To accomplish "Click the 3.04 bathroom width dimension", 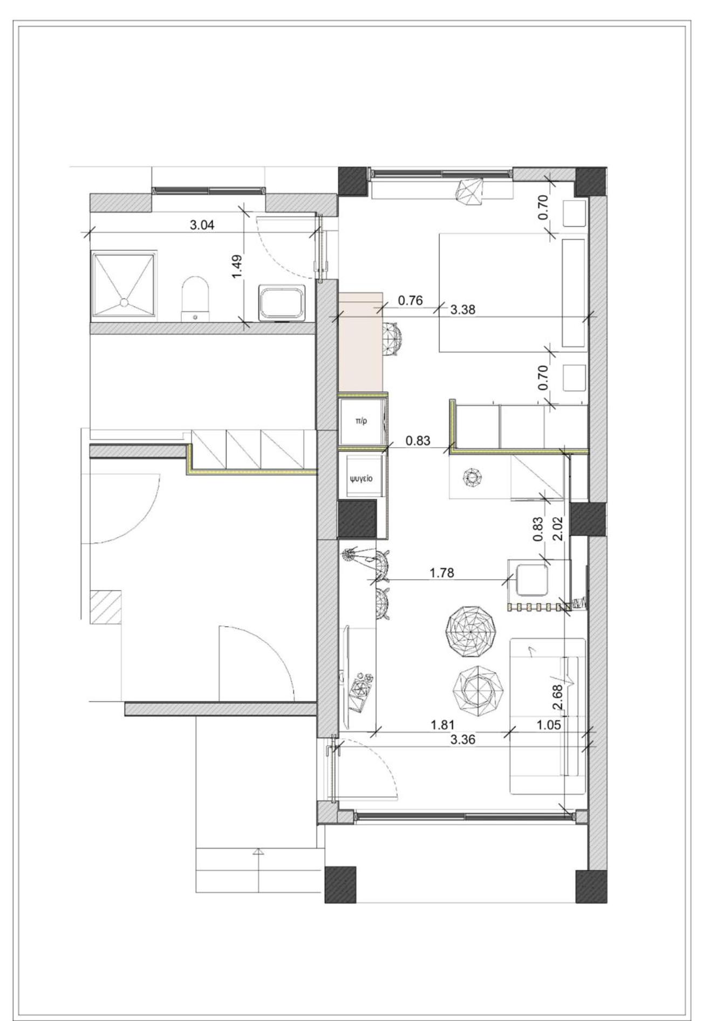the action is pyautogui.click(x=202, y=225).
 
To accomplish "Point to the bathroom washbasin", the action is pyautogui.click(x=282, y=303).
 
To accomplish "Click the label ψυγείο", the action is pyautogui.click(x=361, y=478).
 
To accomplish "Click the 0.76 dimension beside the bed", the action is pyautogui.click(x=410, y=300).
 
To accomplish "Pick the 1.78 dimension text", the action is pyautogui.click(x=442, y=573).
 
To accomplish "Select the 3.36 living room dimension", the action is pyautogui.click(x=463, y=739).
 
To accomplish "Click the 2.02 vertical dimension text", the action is pyautogui.click(x=558, y=529).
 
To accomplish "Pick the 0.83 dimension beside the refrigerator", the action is pyautogui.click(x=418, y=441).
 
